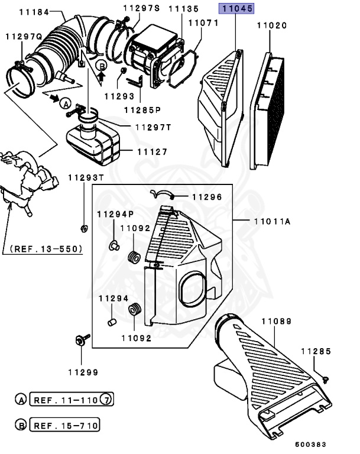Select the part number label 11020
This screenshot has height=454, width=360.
tap(272, 25)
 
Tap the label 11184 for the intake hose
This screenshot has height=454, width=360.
tap(34, 11)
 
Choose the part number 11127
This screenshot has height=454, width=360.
tap(153, 151)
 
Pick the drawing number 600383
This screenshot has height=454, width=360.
tap(310, 444)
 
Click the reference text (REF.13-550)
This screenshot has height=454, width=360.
tap(43, 249)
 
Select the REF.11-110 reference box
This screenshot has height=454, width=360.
tap(64, 400)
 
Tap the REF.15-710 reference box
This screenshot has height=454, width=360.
tap(64, 425)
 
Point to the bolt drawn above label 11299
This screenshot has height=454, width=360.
tap(80, 339)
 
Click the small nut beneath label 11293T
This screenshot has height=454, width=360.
tap(83, 228)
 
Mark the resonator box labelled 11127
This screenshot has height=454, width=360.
tap(93, 144)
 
